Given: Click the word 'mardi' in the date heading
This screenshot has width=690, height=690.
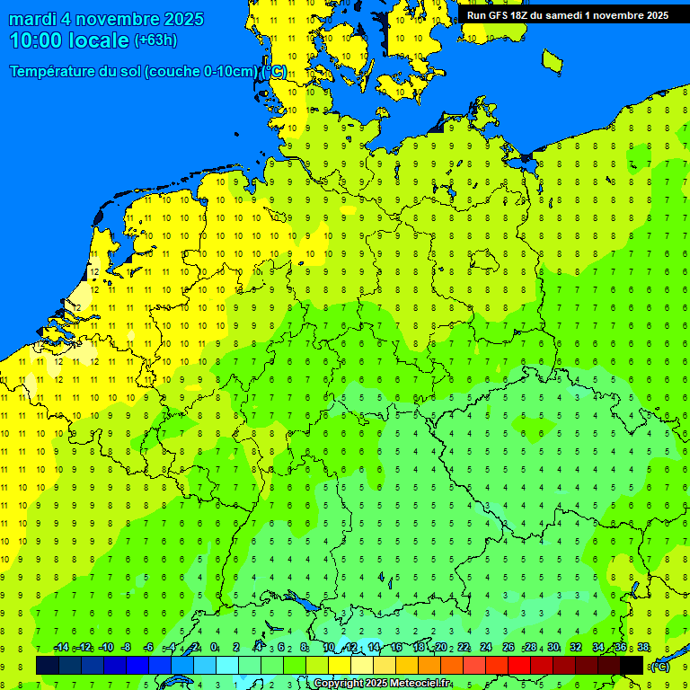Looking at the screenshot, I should click(x=32, y=19).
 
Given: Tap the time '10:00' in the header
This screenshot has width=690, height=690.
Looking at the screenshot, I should click(x=37, y=40).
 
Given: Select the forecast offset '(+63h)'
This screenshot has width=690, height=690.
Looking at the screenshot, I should click(x=155, y=40).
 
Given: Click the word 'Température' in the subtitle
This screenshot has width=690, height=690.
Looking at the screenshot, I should click(x=55, y=71).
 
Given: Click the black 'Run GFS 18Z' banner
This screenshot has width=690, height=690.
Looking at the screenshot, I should click(x=566, y=15).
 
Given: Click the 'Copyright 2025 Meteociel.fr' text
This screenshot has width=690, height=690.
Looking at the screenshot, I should click(x=382, y=684).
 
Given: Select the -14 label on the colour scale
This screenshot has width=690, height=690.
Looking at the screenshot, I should click(x=60, y=648).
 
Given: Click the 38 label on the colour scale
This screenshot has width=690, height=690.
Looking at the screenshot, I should click(x=643, y=648).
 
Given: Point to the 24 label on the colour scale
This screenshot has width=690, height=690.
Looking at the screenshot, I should click(x=486, y=648).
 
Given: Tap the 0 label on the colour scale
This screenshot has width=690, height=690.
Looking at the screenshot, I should click(x=214, y=648).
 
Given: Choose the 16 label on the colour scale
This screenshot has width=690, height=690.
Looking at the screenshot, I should click(x=396, y=648).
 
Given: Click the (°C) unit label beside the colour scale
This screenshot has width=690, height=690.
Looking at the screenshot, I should click(x=659, y=667).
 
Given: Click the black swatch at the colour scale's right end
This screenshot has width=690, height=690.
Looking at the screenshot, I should click(x=632, y=665).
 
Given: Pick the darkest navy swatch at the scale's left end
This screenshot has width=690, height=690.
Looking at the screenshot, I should click(x=48, y=665).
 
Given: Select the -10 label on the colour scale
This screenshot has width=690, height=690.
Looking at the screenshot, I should click(x=105, y=648).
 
